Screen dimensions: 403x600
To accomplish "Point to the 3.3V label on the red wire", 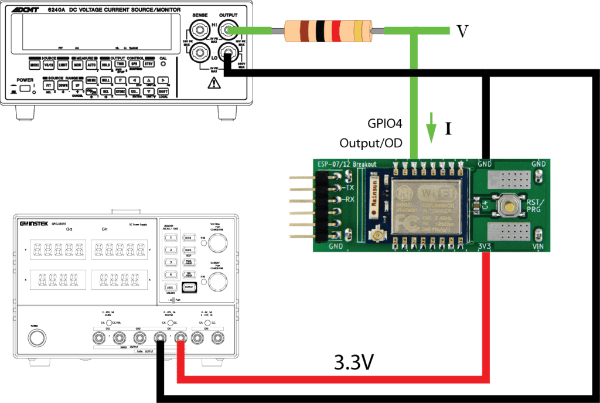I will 354,363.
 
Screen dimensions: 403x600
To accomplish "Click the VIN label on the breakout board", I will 539,247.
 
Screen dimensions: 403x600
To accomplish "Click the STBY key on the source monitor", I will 148,64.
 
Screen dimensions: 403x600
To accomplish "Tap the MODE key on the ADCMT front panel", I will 35,64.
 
